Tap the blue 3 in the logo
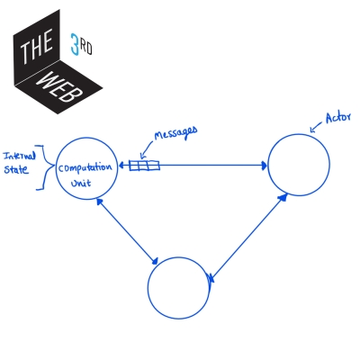point(76,41)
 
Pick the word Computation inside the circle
point(86,167)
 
